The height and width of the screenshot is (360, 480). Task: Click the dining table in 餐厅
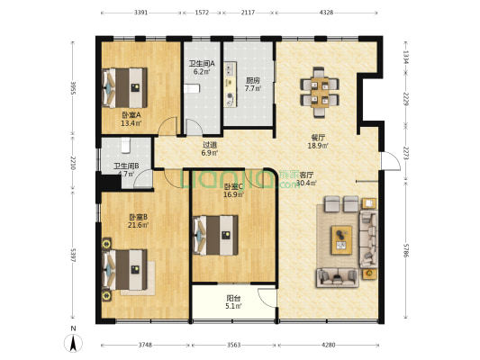[317, 89]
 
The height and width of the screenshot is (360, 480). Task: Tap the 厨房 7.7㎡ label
[253, 85]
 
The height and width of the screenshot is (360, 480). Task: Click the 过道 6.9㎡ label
[210, 148]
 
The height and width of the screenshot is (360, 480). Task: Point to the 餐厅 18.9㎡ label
[318, 141]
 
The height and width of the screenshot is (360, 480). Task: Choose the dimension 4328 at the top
[326, 13]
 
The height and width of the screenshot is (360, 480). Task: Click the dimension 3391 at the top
[140, 13]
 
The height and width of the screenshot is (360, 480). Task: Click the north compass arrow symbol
[73, 342]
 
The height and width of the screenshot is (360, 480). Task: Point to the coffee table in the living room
[342, 238]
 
